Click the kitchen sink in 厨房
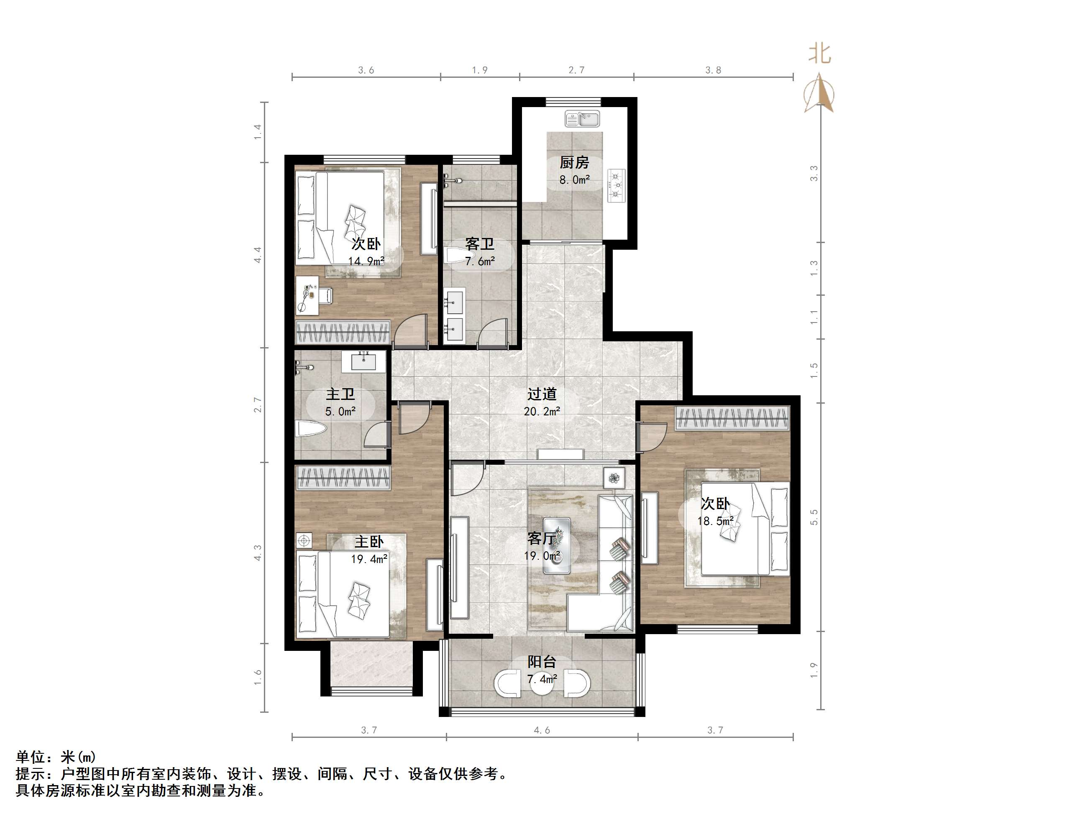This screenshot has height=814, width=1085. coord(582,118)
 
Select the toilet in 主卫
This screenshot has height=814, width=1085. coord(311,428)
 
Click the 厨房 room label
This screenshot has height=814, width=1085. coord(574,162)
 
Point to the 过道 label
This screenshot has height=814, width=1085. coord(542,394)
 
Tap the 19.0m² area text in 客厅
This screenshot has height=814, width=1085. coord(542,556)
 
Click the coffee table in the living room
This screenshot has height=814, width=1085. coord(556,545)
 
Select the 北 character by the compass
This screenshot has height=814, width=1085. coord(819,54)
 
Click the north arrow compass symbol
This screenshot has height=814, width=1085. coord(819,93)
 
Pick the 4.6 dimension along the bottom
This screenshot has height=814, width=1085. coord(542,730)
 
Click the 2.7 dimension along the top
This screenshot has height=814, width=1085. coord(576,70)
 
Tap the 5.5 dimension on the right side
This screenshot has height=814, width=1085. coord(814,517)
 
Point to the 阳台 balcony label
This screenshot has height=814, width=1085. coord(542,662)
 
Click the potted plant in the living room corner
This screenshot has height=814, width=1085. coord(614,477)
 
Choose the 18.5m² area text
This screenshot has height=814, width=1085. coord(716,521)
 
